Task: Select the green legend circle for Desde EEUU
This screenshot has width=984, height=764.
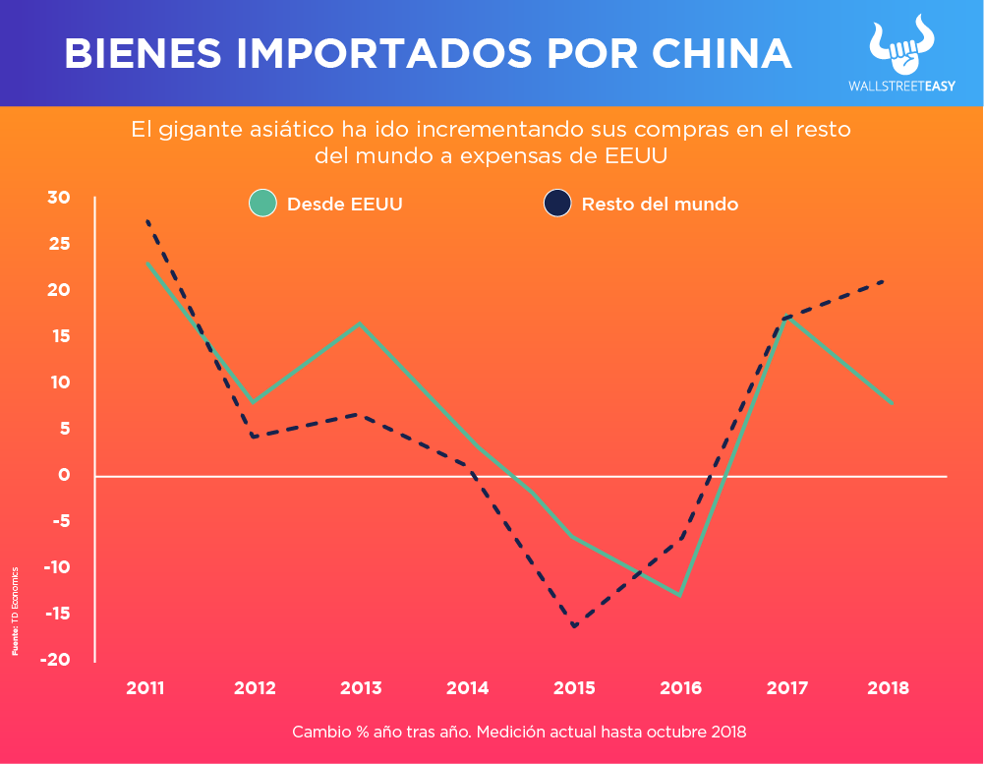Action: pyautogui.click(x=262, y=204)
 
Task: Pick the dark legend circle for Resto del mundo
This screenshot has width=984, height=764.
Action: pyautogui.click(x=557, y=204)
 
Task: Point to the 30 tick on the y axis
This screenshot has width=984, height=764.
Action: pyautogui.click(x=59, y=198)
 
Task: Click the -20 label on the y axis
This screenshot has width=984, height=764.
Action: pyautogui.click(x=55, y=660)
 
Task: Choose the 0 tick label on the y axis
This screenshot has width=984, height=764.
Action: pyautogui.click(x=65, y=475)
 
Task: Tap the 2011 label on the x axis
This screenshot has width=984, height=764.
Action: pyautogui.click(x=145, y=688)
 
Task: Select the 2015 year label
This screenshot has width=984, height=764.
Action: pyautogui.click(x=574, y=688)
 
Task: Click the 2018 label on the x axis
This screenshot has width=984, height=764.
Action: pyautogui.click(x=888, y=688)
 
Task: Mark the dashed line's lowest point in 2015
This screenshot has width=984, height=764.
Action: pyautogui.click(x=574, y=626)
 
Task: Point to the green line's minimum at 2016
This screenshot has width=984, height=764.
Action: pyautogui.click(x=680, y=595)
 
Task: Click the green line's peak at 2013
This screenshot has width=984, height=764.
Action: pyautogui.click(x=360, y=323)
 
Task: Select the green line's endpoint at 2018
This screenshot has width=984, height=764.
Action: pyautogui.click(x=892, y=402)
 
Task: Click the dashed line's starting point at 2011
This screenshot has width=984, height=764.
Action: pyautogui.click(x=146, y=221)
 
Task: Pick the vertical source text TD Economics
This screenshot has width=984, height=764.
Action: pyautogui.click(x=15, y=611)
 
